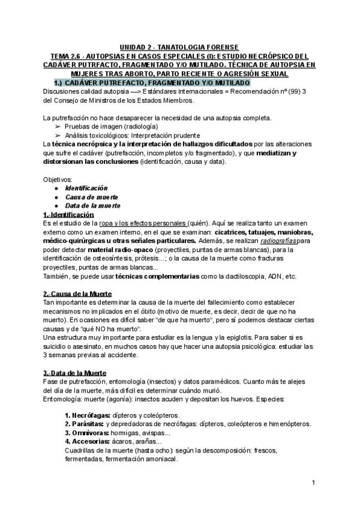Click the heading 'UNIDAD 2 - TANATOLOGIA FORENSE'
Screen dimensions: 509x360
point(179,47)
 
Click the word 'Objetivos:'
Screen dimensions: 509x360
point(58,179)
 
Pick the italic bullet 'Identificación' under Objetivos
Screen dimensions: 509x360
point(86,188)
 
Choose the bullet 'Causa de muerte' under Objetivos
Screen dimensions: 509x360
point(91,197)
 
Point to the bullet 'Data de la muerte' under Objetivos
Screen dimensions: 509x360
point(93,205)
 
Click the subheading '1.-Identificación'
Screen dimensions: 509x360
point(68,214)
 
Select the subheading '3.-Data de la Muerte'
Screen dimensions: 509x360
point(76,373)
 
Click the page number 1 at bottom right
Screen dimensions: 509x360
point(314,483)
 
